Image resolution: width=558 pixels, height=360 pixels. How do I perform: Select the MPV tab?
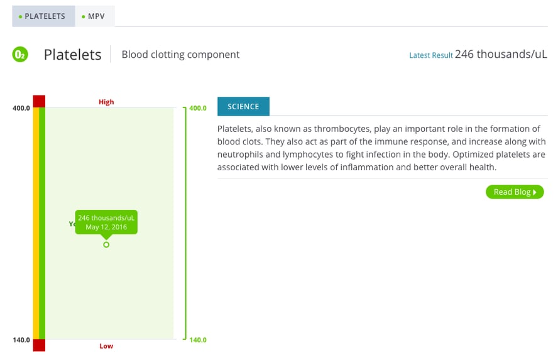click(x=95, y=16)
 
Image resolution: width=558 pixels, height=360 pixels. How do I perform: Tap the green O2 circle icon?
click(x=20, y=55)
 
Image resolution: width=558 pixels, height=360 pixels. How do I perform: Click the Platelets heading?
click(x=72, y=55)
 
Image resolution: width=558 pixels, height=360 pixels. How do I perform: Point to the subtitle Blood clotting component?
click(x=180, y=55)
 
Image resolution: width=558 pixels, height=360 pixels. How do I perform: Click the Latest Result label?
click(x=430, y=55)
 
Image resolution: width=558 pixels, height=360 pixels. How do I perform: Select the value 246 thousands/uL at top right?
click(x=501, y=54)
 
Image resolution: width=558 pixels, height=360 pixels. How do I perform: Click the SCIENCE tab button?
click(x=243, y=107)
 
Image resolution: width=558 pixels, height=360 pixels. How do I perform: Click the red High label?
click(x=106, y=102)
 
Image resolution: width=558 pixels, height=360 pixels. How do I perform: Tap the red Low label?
click(x=106, y=346)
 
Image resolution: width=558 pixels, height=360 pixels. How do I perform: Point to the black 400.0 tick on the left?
click(x=21, y=108)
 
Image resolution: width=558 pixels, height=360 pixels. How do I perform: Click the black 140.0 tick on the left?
click(x=21, y=340)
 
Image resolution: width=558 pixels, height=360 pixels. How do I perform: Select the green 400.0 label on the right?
click(x=198, y=108)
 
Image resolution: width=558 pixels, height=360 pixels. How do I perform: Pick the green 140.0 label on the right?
click(x=198, y=340)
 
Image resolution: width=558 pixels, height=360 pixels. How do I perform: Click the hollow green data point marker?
click(x=106, y=244)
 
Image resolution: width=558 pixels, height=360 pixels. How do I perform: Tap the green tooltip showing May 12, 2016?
click(x=106, y=222)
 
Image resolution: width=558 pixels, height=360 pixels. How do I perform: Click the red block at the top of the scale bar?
click(x=39, y=101)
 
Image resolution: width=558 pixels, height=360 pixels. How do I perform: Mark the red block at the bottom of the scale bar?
click(x=39, y=346)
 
